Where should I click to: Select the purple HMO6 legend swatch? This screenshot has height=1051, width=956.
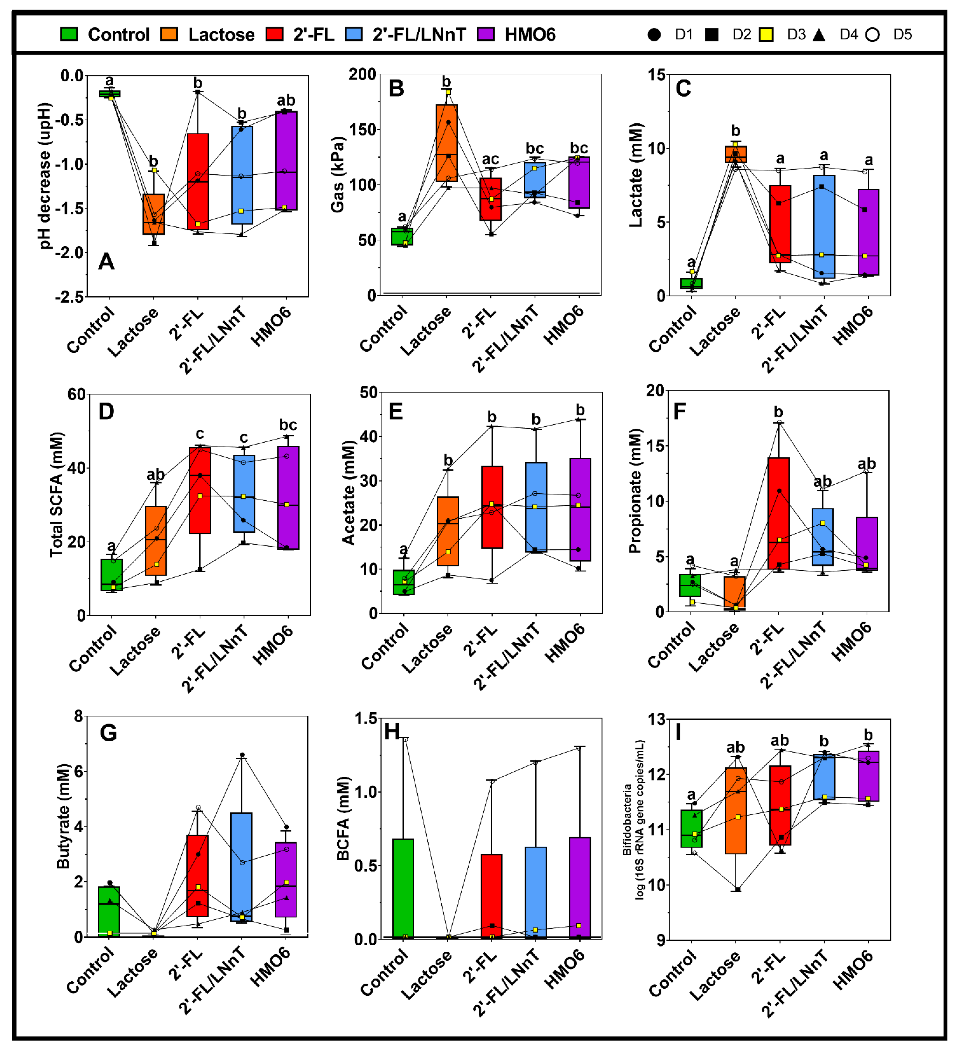[486, 35]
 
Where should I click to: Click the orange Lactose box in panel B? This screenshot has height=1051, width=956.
[447, 143]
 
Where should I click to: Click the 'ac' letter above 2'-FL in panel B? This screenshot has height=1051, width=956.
[490, 159]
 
